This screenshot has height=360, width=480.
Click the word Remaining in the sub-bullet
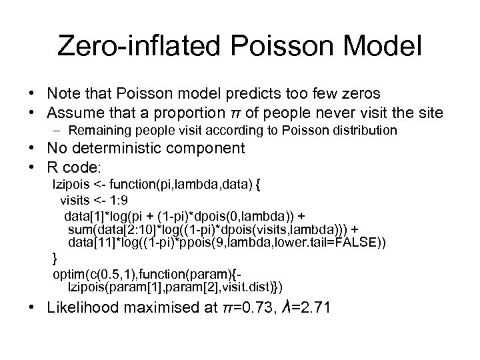98,130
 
